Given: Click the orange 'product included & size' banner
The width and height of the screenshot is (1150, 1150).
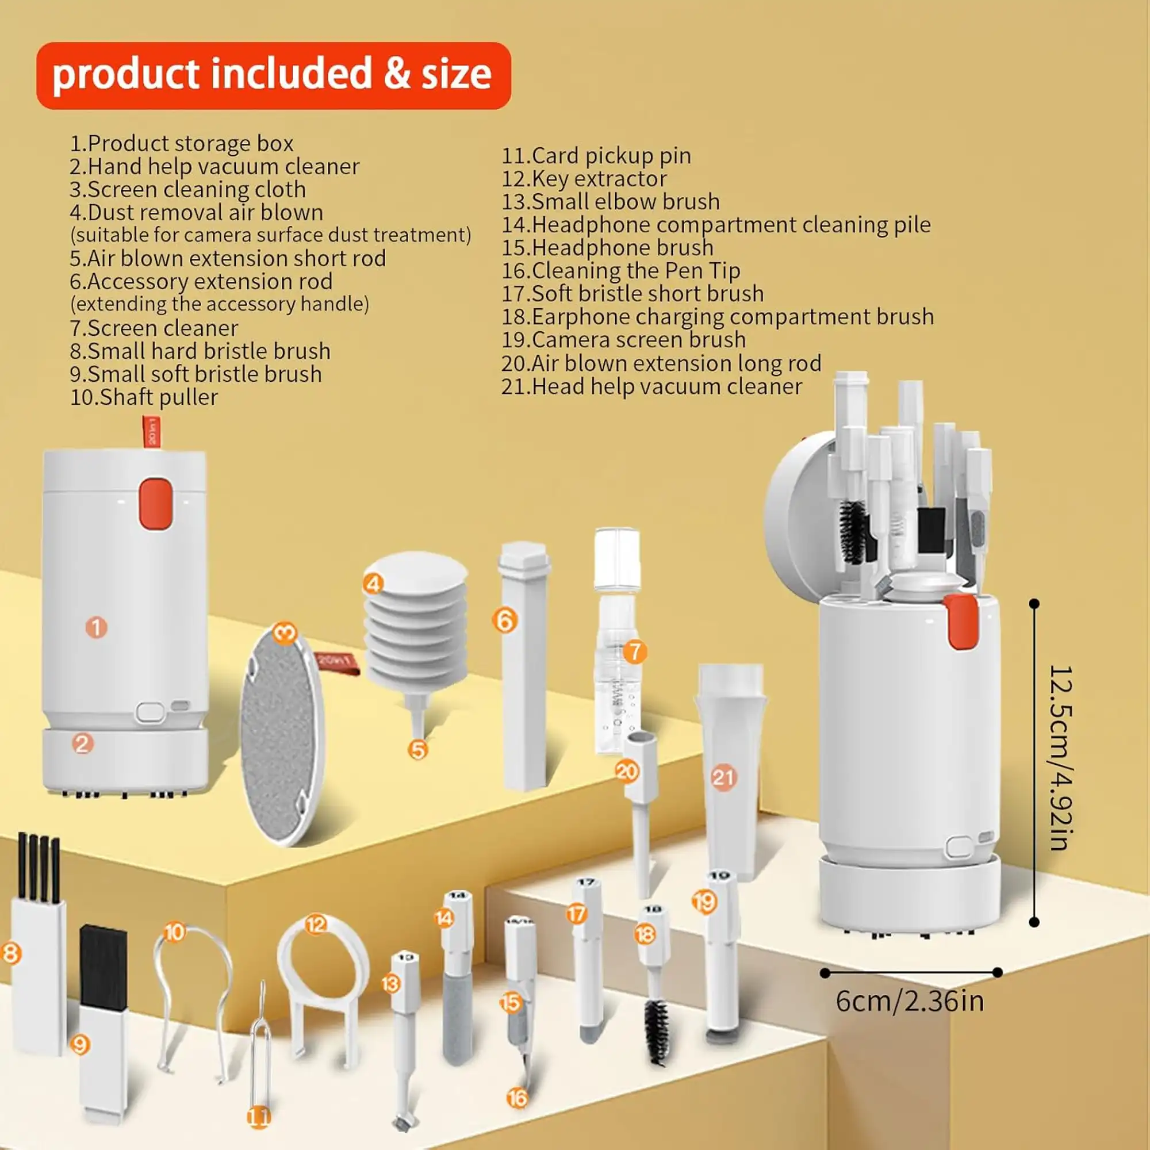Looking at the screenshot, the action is click(273, 75).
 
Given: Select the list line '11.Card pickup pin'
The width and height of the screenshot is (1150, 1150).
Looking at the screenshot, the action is click(596, 156).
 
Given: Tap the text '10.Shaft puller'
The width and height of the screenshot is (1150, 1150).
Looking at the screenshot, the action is click(144, 397).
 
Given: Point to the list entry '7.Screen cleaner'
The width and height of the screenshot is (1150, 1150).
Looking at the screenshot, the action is click(154, 328).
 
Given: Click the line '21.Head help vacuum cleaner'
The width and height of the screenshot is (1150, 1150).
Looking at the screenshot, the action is click(651, 386).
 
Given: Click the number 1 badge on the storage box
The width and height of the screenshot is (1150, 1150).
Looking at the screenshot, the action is click(96, 627).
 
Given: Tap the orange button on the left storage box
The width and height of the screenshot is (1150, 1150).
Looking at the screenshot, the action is click(156, 504).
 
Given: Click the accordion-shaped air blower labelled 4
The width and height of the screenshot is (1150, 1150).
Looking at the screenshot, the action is click(416, 619).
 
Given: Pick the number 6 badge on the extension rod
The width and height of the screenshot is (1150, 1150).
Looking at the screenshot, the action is click(504, 621).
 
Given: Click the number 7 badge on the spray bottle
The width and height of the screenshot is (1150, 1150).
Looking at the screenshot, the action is click(635, 651).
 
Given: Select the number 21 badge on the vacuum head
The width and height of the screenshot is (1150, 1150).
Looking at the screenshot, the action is click(723, 777).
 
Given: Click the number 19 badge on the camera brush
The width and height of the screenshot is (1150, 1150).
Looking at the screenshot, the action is click(704, 902).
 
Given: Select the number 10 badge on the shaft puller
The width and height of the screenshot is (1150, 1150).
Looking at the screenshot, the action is click(174, 931).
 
